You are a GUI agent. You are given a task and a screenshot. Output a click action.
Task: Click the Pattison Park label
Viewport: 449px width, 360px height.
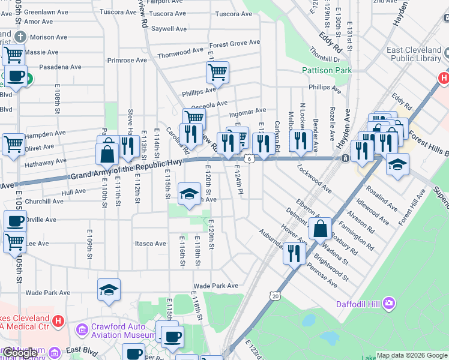[326, 70]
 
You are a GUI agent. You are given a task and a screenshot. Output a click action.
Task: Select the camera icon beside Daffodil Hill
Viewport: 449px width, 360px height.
[390, 304]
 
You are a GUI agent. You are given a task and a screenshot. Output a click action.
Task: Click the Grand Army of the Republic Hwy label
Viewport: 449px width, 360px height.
[127, 171]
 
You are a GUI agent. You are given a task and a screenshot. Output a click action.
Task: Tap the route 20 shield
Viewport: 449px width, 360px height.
[275, 296]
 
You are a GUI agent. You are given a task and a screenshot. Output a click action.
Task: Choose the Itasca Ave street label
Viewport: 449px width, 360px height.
[150, 244]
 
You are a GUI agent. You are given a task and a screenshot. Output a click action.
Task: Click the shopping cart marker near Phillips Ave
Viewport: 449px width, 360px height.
[217, 73]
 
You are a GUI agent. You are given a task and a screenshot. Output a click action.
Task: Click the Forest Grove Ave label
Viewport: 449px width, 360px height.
[235, 44]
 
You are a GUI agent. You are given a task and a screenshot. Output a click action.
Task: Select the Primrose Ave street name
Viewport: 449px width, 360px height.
[127, 61]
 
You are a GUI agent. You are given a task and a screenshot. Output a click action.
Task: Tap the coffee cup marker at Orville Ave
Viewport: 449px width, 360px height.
[14, 221]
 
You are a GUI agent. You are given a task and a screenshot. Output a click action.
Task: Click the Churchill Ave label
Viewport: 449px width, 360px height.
[44, 201]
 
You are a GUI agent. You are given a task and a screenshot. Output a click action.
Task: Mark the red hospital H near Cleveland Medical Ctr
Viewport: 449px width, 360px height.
[58, 321]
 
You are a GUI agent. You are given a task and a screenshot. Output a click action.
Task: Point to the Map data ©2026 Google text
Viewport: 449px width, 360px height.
[412, 355]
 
